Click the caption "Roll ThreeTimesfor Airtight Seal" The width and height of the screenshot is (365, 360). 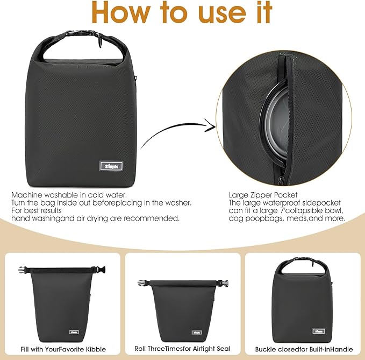click(x=182, y=348)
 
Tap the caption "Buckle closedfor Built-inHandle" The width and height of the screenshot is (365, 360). click(x=304, y=348)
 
